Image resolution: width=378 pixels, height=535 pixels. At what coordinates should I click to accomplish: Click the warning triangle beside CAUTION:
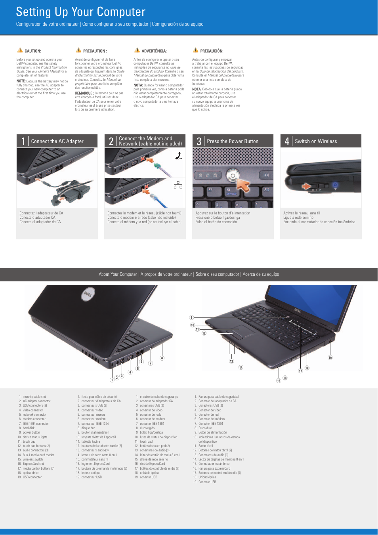click(x=20, y=50)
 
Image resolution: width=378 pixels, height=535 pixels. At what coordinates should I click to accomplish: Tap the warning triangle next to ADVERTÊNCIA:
click(x=137, y=50)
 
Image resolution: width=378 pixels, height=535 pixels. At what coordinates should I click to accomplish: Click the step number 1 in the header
click(x=23, y=141)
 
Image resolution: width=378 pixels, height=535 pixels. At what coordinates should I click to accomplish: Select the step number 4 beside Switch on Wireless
click(x=287, y=141)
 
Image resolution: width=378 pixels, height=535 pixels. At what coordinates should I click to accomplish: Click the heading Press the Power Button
click(x=233, y=141)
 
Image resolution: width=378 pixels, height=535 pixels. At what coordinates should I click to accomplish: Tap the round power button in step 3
click(x=233, y=175)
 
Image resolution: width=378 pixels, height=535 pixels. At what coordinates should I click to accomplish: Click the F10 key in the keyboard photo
click(x=267, y=190)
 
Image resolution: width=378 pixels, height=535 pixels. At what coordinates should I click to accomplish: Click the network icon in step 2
click(x=178, y=185)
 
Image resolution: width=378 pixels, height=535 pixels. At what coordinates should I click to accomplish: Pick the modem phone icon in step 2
click(x=179, y=156)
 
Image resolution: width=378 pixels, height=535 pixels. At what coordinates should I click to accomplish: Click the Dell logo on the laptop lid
click(x=87, y=294)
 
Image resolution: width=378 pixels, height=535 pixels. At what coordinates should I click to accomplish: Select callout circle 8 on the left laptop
click(x=162, y=358)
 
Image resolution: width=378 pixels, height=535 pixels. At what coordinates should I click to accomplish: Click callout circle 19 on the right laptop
click(x=330, y=358)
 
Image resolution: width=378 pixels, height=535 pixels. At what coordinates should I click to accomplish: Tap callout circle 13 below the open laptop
click(x=231, y=361)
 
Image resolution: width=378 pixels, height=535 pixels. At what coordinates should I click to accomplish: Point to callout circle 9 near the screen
click(x=191, y=317)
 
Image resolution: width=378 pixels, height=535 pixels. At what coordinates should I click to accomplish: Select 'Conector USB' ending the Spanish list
click(x=207, y=482)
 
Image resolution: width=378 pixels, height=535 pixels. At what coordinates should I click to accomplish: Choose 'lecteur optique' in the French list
click(x=91, y=473)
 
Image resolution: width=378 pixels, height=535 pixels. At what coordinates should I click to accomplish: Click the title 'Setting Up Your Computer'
click(x=81, y=12)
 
